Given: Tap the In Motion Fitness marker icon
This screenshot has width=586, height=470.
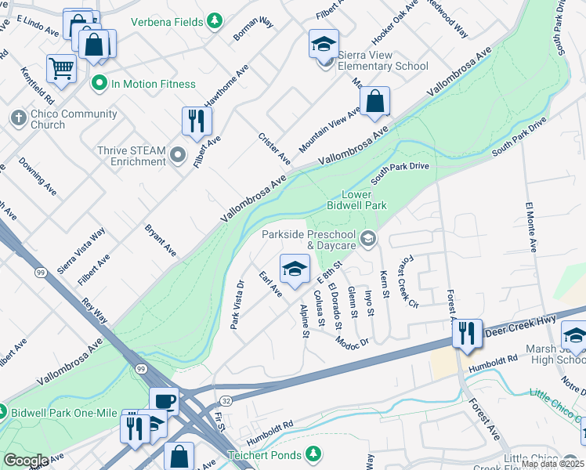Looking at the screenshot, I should point(99,82).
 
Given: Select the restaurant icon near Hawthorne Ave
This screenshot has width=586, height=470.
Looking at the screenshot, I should point(196,121).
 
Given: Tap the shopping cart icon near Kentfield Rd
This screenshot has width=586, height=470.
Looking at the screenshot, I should point(61,67).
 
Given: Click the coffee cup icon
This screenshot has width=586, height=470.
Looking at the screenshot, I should point(164,401).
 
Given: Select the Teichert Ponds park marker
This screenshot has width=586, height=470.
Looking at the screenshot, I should point(313,454).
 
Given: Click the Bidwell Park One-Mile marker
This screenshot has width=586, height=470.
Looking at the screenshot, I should point(2,411).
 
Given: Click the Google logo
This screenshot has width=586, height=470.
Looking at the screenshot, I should point(26,461).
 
